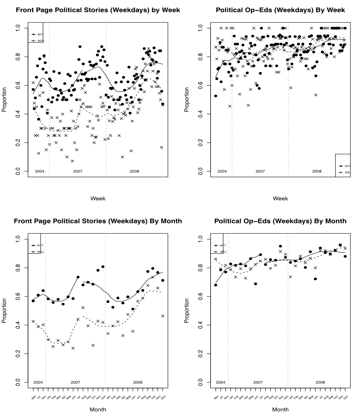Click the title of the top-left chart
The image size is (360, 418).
tap(97, 10)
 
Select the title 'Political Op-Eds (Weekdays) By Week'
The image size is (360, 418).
tap(280, 10)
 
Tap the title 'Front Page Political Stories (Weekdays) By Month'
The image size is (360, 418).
tap(97, 221)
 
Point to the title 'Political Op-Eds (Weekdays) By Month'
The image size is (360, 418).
tap(280, 221)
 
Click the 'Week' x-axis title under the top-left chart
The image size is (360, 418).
tap(98, 199)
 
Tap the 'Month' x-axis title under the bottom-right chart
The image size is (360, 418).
tap(281, 410)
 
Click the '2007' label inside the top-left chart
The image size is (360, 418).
tap(77, 172)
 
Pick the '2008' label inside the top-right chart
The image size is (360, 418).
tap(317, 172)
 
